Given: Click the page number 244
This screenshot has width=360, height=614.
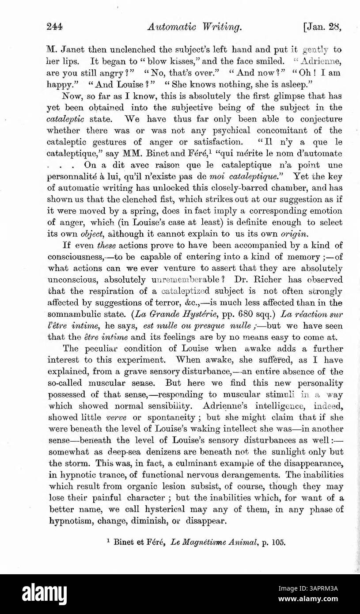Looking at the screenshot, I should point(55,27).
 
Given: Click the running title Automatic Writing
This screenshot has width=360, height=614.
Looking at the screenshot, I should point(195,27).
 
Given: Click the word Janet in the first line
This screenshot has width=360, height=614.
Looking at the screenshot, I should point(72,49).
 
